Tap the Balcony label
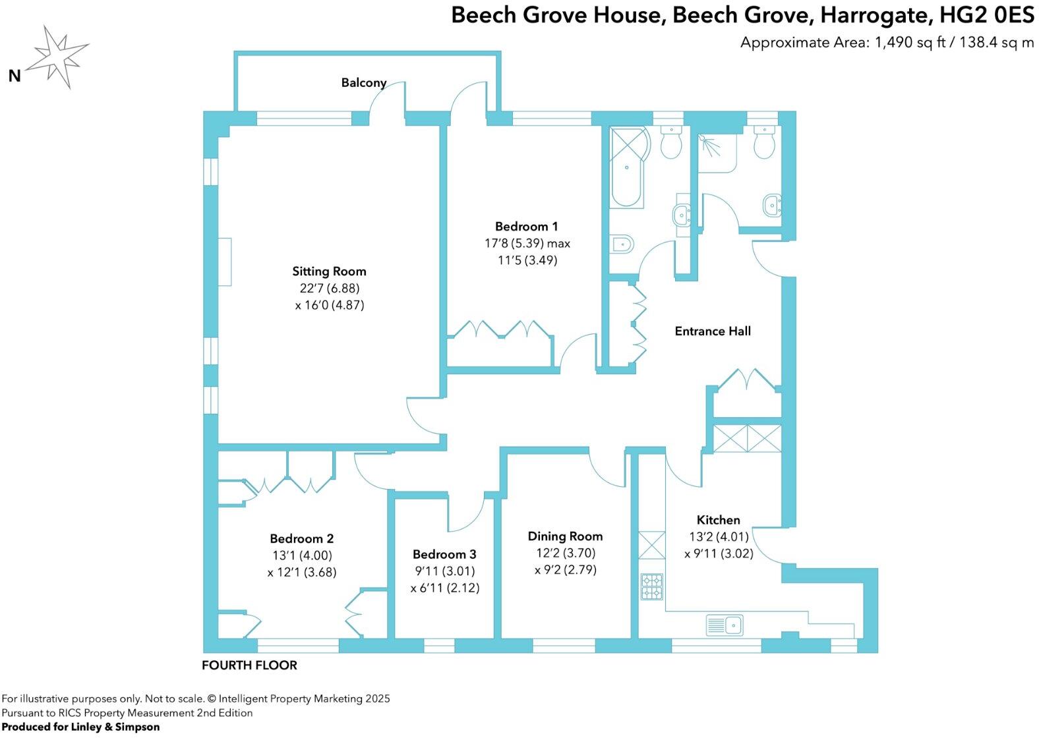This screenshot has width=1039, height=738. point(363,83)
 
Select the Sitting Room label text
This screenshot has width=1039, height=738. point(329,271)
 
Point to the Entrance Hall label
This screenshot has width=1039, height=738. point(712,331)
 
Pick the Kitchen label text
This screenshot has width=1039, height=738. point(718,520)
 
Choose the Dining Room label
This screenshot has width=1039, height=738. point(565,536)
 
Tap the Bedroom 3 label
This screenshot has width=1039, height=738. point(444,554)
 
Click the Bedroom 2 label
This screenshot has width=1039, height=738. point(302,538)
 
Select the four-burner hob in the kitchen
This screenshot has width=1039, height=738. point(652,586)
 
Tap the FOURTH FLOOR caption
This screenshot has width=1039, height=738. point(249,666)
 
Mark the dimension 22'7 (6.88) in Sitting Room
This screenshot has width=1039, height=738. point(329,289)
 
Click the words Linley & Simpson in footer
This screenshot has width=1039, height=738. point(115,727)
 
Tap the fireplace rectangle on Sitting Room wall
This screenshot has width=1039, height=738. point(225,262)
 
